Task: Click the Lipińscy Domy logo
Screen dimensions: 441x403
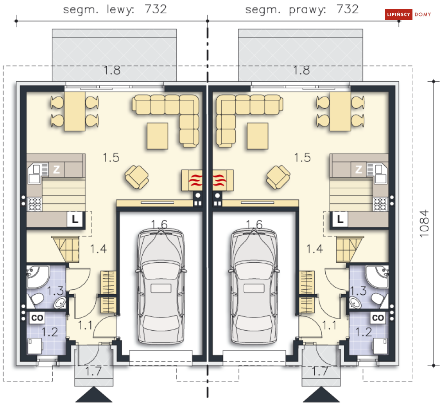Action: [x=408, y=14]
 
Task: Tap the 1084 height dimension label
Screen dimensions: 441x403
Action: [x=424, y=223]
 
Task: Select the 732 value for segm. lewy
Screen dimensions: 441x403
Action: [x=156, y=9]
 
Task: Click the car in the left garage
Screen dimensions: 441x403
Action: [x=161, y=286]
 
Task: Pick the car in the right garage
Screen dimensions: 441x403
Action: [x=254, y=286]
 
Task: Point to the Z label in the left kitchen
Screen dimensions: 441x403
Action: [x=57, y=169]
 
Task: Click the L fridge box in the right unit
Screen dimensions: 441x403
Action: [x=340, y=219]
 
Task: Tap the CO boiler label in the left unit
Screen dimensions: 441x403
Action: [x=37, y=318]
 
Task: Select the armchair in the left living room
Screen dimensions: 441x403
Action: [x=137, y=177]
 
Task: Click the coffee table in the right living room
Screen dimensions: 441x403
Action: [x=258, y=136]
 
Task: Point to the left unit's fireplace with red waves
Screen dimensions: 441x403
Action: [x=192, y=180]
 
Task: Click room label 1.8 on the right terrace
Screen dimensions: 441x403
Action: [x=301, y=70]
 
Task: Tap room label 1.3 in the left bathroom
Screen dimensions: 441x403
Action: [x=55, y=291]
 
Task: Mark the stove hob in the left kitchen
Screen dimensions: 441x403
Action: [x=35, y=204]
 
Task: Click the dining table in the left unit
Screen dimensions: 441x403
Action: [x=74, y=111]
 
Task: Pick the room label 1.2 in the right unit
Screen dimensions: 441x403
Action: [x=363, y=332]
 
